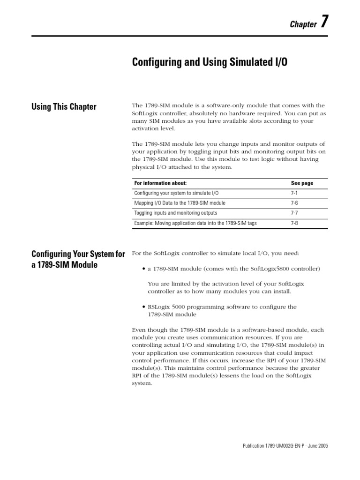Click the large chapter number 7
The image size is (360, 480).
point(324,23)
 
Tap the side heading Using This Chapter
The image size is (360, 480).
point(64,107)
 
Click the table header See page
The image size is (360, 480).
point(302,183)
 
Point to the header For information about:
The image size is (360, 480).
point(160,183)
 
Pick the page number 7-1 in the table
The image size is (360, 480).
point(294,193)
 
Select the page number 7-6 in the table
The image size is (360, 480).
point(294,203)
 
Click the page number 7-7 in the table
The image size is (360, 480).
point(294,213)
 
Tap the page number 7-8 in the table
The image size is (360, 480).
point(294,223)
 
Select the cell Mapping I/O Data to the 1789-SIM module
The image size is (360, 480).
point(180,203)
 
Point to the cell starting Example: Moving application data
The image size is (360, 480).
point(195,223)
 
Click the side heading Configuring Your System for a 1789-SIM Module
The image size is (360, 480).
point(78,259)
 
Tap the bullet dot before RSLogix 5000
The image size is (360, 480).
point(143,307)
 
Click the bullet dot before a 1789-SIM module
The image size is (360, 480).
point(143,269)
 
